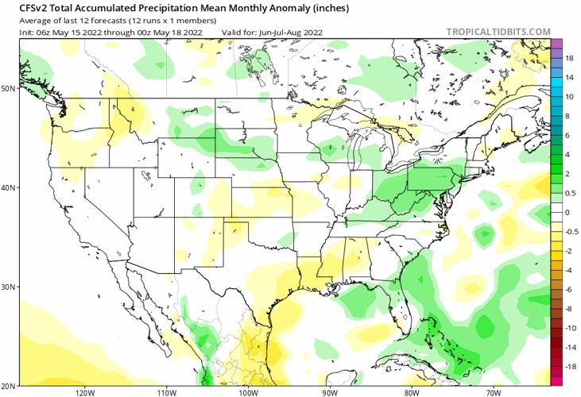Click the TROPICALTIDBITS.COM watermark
click(498, 32)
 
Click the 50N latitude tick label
click(9, 88)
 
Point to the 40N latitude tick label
click(9, 188)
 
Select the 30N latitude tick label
click(9, 287)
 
